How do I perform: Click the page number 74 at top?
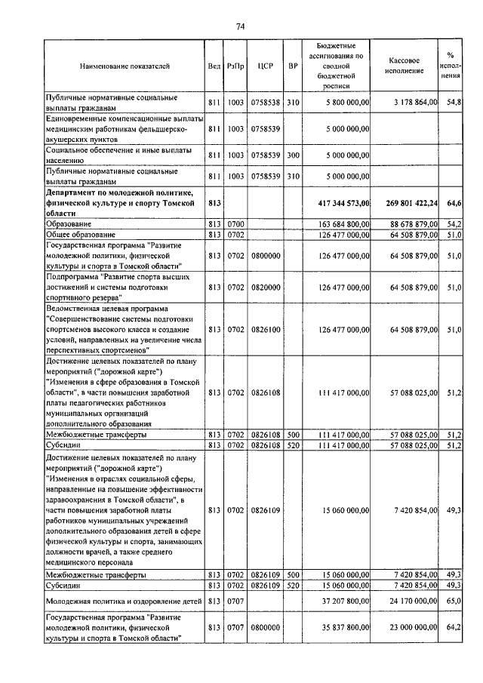click(241, 26)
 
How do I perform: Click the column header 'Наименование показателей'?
click(125, 66)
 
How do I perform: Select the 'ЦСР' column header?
click(264, 66)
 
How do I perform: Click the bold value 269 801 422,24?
click(404, 203)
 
